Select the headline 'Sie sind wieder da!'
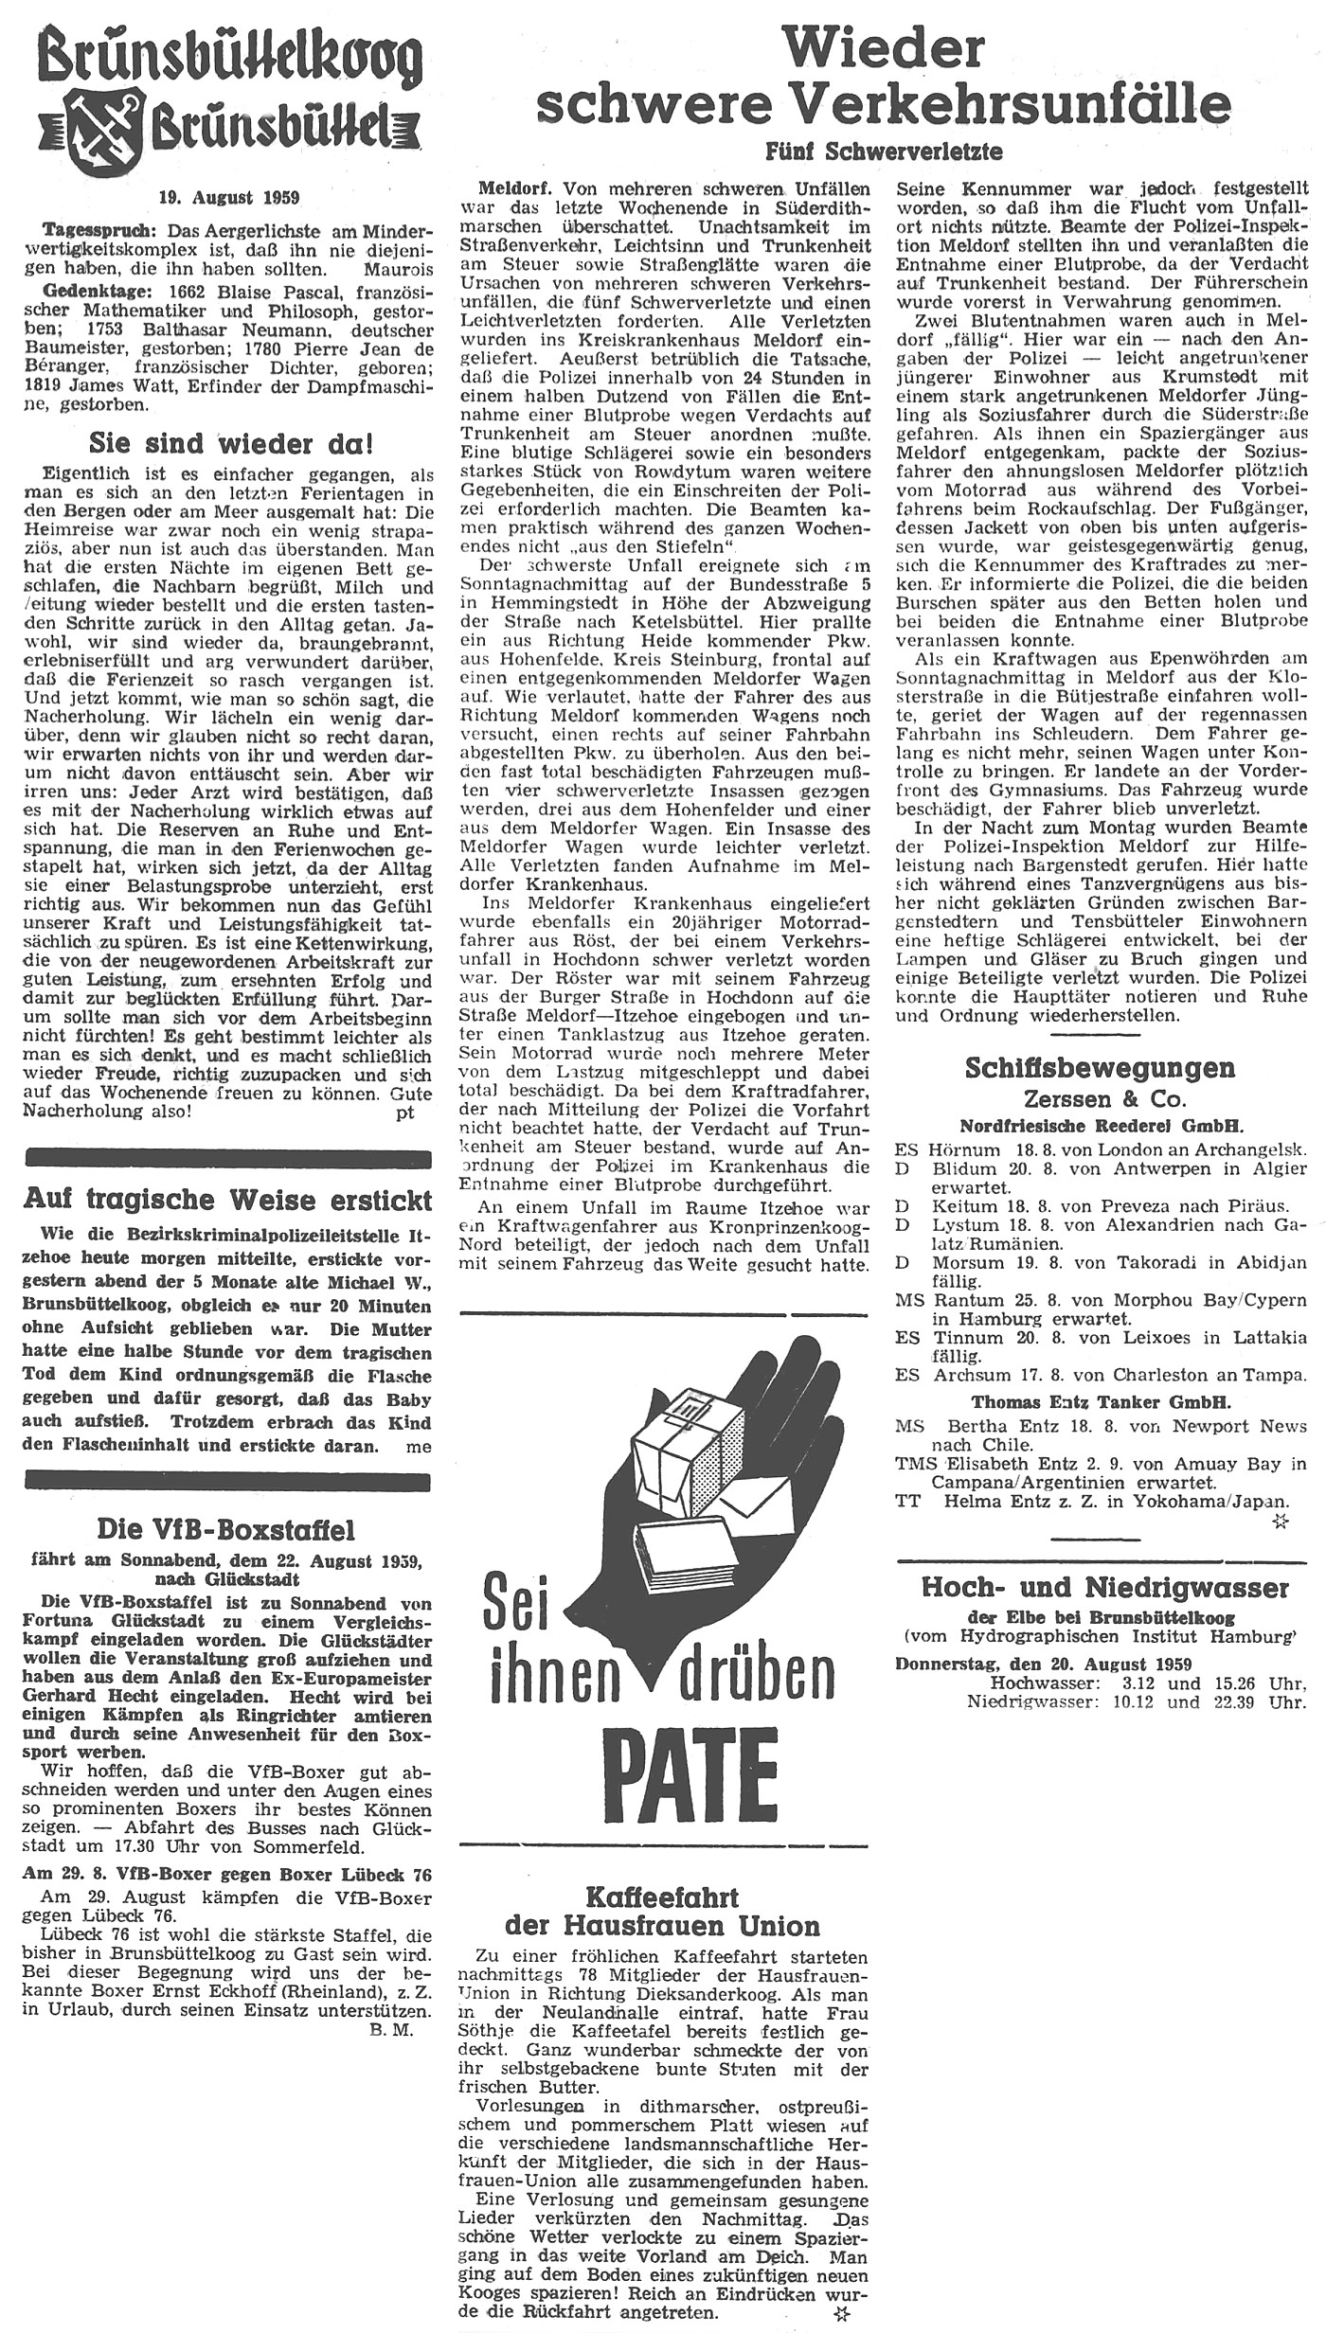(230, 443)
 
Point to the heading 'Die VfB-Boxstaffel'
(226, 1528)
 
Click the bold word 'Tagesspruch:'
(90, 230)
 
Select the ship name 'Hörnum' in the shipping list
(965, 1149)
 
